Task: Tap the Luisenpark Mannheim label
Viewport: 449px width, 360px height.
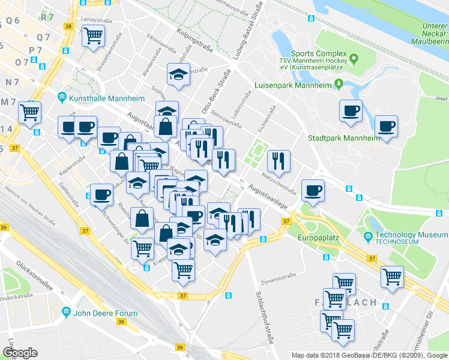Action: [x=293, y=85]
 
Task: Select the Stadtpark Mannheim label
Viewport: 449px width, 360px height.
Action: [x=344, y=138]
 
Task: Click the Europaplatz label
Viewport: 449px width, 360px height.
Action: [x=319, y=238]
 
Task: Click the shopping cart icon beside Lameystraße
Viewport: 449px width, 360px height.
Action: [x=93, y=37]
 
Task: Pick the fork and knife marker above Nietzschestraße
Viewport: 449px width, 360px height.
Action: [x=279, y=160]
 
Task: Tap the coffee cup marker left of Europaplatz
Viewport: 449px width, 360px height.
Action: [x=313, y=191]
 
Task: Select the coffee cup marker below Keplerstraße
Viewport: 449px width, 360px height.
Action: [x=101, y=194]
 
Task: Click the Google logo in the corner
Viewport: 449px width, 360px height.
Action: [x=20, y=353]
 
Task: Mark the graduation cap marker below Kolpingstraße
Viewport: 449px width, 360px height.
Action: [x=178, y=75]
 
